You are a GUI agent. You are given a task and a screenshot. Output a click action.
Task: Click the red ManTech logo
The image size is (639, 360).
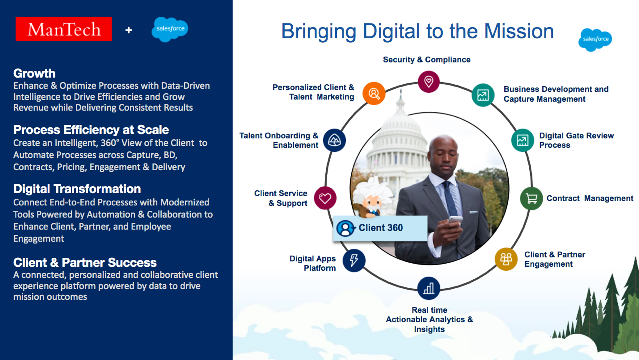[64, 29]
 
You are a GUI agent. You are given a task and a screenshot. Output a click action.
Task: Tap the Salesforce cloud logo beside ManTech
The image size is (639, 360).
[170, 29]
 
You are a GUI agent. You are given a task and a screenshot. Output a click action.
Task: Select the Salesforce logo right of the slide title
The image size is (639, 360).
[595, 39]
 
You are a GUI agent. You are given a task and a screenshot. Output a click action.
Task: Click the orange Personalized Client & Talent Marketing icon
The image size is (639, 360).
[374, 93]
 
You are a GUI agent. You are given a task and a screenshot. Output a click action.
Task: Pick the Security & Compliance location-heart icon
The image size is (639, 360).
[428, 81]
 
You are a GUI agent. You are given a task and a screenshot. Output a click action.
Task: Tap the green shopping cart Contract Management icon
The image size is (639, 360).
[532, 199]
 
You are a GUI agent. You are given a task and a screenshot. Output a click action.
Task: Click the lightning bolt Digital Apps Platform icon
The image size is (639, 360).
[354, 260]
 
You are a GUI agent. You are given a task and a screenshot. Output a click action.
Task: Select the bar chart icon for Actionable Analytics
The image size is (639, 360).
[428, 288]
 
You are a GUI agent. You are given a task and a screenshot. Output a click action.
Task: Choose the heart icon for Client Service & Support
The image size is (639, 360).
[325, 198]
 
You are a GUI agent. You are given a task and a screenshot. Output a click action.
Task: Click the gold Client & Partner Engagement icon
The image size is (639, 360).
[506, 259]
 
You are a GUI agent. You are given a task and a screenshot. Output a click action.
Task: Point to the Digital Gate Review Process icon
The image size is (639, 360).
[522, 140]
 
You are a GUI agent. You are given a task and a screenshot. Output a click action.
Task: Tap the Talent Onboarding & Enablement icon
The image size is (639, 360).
[334, 140]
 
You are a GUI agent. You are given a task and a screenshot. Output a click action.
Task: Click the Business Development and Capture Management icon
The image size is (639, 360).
[483, 95]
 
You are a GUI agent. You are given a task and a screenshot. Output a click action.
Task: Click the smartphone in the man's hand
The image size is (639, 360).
[455, 220]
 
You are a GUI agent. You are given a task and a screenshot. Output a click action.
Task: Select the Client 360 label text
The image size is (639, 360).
[380, 228]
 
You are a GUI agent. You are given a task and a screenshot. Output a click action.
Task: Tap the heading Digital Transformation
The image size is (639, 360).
[77, 189]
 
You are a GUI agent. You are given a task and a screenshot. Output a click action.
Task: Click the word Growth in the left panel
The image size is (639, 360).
[34, 73]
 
